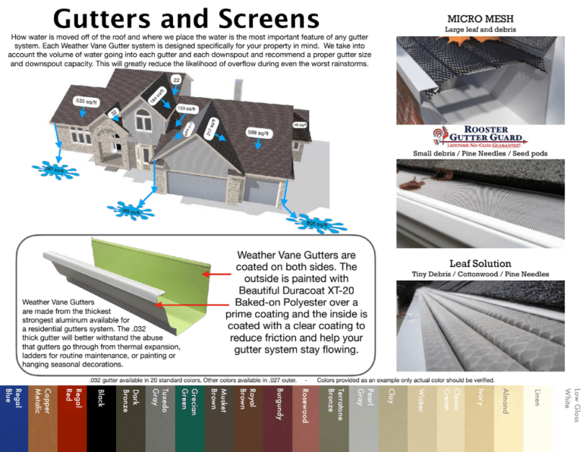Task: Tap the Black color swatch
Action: coord(101,418)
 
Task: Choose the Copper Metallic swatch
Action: coord(43,418)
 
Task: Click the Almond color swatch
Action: coord(506,418)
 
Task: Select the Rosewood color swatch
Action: coord(306,418)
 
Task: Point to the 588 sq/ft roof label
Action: coord(258,132)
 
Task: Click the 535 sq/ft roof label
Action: coord(85,101)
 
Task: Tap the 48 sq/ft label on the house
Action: coord(300,124)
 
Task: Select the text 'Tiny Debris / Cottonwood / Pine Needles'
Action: coord(480,274)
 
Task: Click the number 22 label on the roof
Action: coord(176,80)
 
